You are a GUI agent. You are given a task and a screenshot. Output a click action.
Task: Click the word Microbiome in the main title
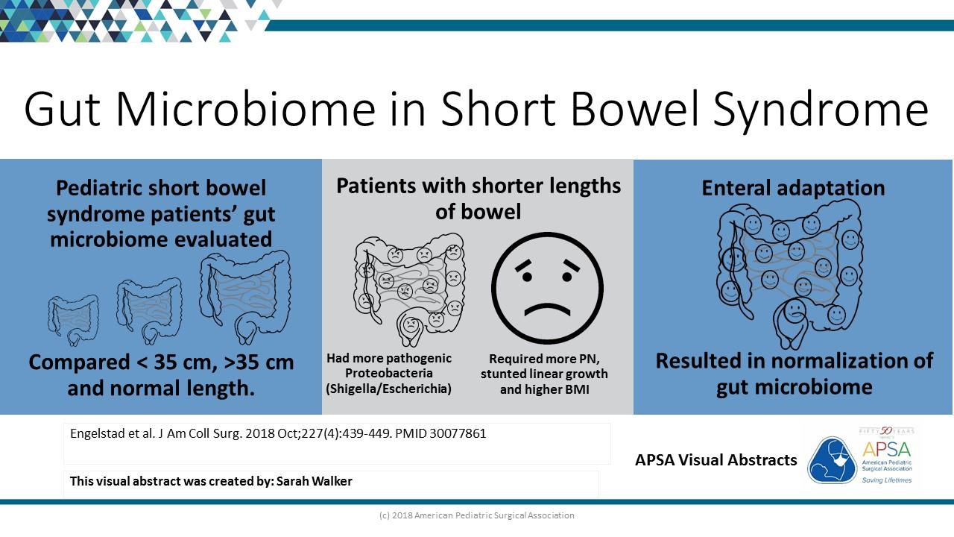click(246, 109)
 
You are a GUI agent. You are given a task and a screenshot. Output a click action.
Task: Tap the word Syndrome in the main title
click(821, 112)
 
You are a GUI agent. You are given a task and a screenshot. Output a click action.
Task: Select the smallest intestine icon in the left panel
click(73, 321)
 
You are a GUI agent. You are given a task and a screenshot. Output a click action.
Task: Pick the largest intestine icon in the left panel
click(245, 297)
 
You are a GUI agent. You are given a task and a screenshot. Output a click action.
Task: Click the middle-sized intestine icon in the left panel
click(150, 311)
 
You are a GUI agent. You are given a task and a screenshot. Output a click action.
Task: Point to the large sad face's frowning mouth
click(547, 310)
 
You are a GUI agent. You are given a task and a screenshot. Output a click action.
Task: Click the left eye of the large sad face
click(527, 277)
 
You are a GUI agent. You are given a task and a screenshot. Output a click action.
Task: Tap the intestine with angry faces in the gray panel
click(409, 290)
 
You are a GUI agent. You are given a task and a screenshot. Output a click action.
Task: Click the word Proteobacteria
click(389, 374)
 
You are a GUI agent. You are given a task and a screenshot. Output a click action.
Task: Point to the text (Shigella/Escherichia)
click(388, 389)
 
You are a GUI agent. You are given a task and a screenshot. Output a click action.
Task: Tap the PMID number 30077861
click(458, 433)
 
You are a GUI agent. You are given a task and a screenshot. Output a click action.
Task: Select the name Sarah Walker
click(315, 481)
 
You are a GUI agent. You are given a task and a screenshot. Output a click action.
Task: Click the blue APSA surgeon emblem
click(832, 460)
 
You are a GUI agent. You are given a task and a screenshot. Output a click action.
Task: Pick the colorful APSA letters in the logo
click(887, 449)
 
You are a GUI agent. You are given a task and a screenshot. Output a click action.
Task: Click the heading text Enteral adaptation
click(793, 188)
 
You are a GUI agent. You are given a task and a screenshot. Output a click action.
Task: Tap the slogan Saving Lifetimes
click(887, 480)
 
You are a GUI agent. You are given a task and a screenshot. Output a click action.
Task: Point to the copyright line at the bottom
click(476, 515)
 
